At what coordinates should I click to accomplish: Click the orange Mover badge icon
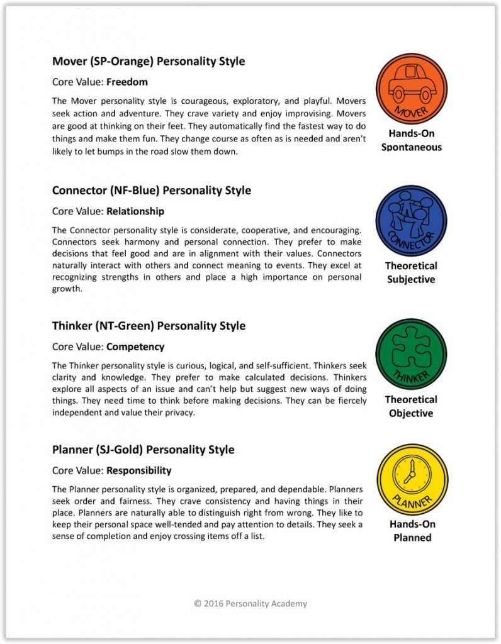pyautogui.click(x=411, y=89)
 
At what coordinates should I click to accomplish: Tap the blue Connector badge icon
pyautogui.click(x=411, y=221)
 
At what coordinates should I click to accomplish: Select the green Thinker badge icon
pyautogui.click(x=411, y=354)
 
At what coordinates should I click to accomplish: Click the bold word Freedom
pyautogui.click(x=127, y=82)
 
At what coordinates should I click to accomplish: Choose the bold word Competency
pyautogui.click(x=135, y=347)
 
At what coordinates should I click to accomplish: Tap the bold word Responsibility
pyautogui.click(x=138, y=470)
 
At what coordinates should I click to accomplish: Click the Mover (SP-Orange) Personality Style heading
pyautogui.click(x=149, y=62)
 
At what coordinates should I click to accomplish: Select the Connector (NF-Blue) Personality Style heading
pyautogui.click(x=152, y=191)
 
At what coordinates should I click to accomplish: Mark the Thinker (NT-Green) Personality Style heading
pyautogui.click(x=149, y=326)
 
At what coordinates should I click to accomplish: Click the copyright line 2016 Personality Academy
pyautogui.click(x=250, y=604)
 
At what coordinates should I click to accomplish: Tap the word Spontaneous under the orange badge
pyautogui.click(x=411, y=147)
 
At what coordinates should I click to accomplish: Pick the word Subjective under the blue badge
pyautogui.click(x=411, y=279)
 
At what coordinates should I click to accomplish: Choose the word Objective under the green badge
pyautogui.click(x=411, y=413)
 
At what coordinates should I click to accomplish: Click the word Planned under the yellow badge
pyautogui.click(x=412, y=538)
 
